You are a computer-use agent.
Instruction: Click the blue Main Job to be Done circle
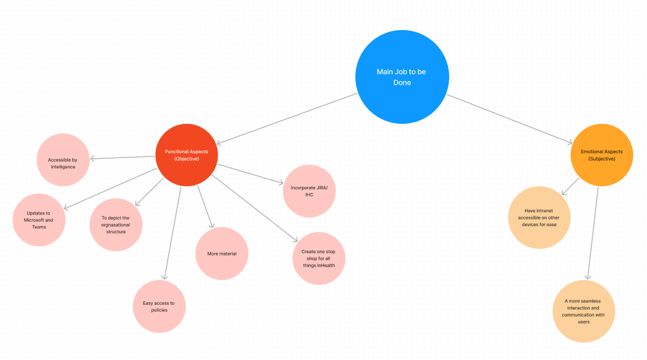point(402,78)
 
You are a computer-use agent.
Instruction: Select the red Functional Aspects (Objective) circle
point(186,154)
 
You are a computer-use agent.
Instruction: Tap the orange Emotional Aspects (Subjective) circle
point(601,154)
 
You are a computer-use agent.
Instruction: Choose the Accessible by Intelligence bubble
point(63,159)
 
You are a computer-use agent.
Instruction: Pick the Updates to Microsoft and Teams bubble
point(38,219)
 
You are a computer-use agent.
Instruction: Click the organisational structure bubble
point(116,224)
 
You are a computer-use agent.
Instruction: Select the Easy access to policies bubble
point(159,307)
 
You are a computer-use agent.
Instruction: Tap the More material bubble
point(222,254)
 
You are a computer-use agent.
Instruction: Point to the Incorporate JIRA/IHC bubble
point(309,191)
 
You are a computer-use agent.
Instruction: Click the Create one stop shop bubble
point(319,258)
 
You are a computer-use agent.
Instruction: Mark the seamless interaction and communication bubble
point(583,311)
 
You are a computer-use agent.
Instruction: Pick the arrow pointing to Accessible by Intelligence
point(123,157)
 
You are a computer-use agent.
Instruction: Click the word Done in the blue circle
point(402,83)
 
